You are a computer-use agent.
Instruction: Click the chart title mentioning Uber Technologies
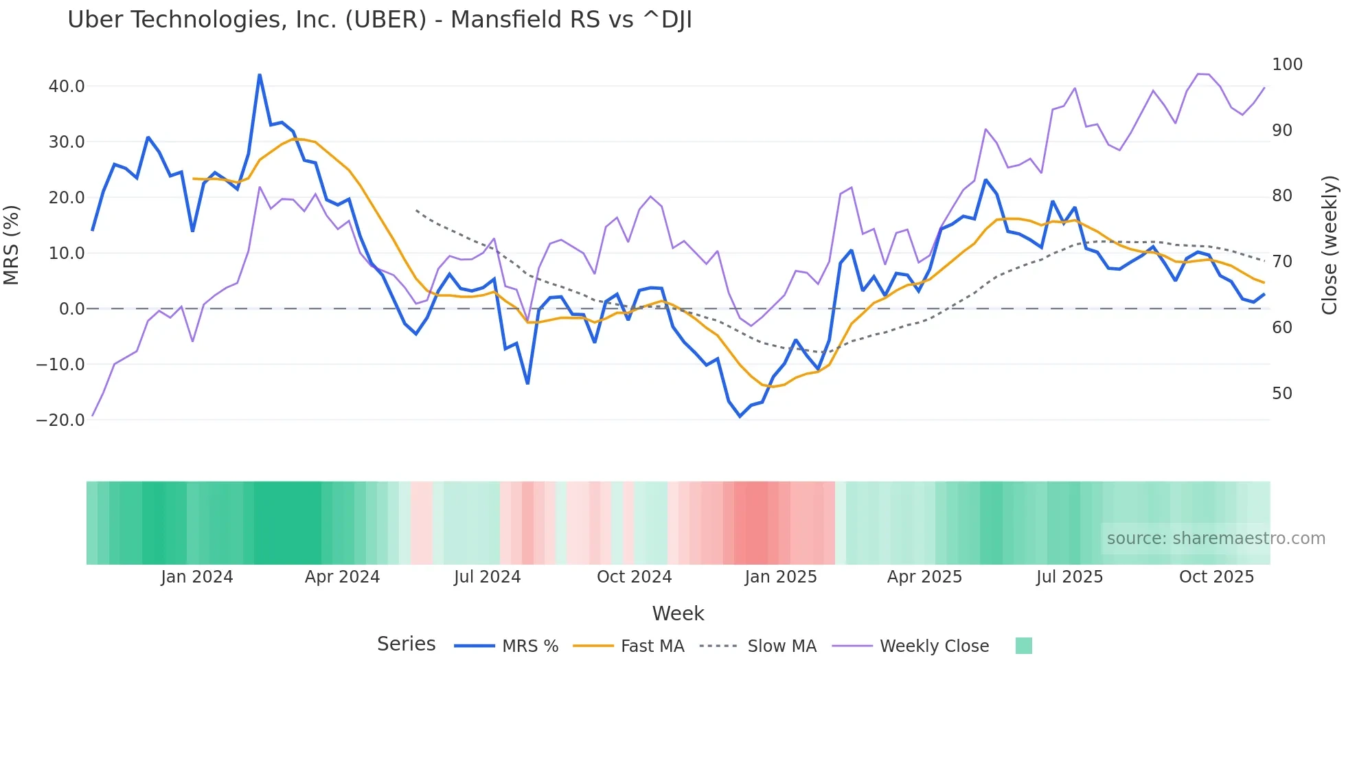tap(379, 20)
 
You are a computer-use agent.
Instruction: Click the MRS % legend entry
tap(529, 646)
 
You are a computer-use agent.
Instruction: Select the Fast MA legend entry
tap(652, 646)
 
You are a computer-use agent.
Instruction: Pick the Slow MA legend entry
tap(782, 646)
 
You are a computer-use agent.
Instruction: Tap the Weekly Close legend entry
tap(934, 646)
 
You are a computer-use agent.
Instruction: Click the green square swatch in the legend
tap(1023, 646)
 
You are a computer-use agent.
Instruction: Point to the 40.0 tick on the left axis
tap(67, 87)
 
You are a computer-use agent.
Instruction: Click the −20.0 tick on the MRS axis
tap(60, 420)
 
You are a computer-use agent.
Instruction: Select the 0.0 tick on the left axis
tap(71, 309)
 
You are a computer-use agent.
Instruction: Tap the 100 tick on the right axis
tap(1287, 65)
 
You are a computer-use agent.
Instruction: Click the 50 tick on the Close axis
tap(1282, 394)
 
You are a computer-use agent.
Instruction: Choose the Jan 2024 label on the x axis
tap(197, 577)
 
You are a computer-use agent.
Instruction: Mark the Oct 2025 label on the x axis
tap(1216, 577)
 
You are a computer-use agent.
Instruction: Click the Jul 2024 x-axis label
tap(488, 577)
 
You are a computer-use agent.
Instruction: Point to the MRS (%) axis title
tap(12, 245)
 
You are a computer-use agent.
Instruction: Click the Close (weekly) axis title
tap(1330, 245)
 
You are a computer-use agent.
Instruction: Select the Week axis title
tap(678, 613)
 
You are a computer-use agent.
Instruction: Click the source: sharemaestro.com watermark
tap(1216, 539)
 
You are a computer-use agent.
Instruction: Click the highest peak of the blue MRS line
tap(260, 75)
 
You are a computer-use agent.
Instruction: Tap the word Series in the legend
tap(406, 644)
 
